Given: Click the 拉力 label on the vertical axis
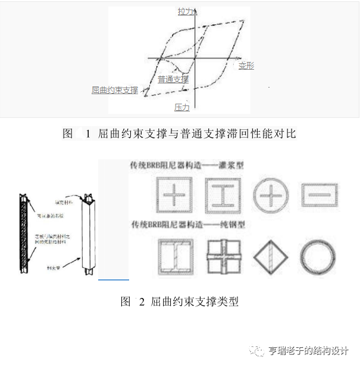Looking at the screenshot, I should click(185, 11).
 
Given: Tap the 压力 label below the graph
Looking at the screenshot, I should click(181, 107).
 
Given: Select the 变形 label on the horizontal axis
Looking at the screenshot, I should click(246, 66).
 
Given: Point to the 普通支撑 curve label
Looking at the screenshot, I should click(173, 79).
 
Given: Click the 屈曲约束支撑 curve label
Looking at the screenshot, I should click(115, 91).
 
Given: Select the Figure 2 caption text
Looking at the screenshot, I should click(179, 301).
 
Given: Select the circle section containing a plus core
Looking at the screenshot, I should click(271, 195).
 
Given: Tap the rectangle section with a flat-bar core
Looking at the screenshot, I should click(320, 194).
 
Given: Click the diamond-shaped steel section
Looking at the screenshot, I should click(271, 257).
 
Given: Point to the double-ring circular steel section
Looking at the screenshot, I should click(320, 257).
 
